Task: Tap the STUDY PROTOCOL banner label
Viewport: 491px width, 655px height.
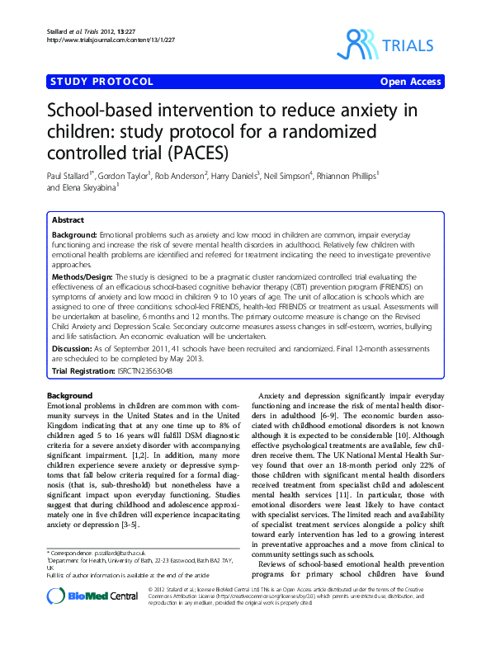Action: tap(102, 82)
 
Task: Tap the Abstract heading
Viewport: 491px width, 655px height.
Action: tap(68, 221)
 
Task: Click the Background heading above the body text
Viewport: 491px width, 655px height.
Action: tap(70, 396)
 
